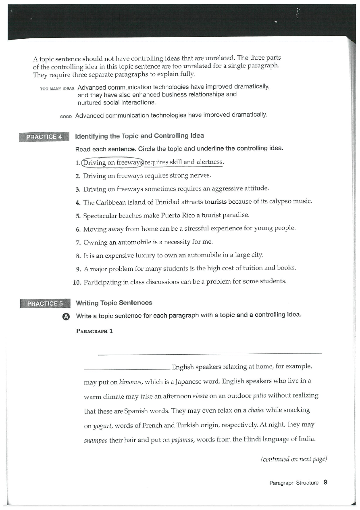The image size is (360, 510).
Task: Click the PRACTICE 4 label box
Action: pos(44,137)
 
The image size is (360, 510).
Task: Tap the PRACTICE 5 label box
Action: pos(44,303)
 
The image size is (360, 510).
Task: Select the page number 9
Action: pos(325,482)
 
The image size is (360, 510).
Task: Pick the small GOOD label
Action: pos(65,117)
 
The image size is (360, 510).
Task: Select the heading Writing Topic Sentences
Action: pos(114,303)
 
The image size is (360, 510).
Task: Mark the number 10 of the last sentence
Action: pos(77,282)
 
